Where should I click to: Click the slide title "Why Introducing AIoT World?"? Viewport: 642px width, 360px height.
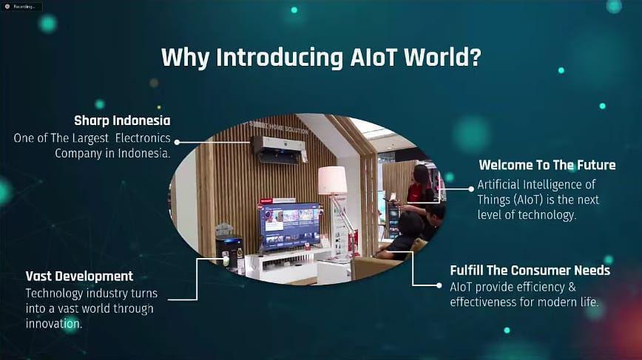(x=322, y=58)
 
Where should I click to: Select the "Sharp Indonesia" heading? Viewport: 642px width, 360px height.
(x=122, y=120)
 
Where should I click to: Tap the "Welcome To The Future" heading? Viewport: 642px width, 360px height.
(x=547, y=165)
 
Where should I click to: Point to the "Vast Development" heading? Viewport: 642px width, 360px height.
(x=79, y=276)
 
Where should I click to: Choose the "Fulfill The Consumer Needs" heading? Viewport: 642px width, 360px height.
(x=530, y=271)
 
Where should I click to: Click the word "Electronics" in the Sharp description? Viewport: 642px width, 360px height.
(x=143, y=138)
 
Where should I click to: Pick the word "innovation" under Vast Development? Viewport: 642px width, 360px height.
(x=53, y=324)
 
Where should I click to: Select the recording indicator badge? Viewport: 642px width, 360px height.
(x=21, y=7)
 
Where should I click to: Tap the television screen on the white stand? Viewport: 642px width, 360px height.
(x=289, y=226)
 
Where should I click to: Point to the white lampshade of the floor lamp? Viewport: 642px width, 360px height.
(x=332, y=180)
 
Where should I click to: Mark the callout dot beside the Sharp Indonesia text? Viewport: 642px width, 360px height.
(x=177, y=143)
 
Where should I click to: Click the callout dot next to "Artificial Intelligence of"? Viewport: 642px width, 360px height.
(x=471, y=189)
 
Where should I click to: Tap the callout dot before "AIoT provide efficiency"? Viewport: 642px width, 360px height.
(x=439, y=285)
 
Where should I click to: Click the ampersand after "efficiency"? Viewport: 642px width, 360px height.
(x=572, y=287)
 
